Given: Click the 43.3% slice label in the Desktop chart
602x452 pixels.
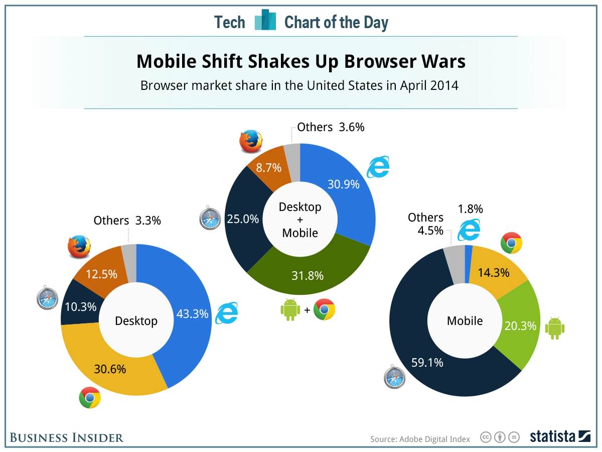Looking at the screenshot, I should (x=192, y=314).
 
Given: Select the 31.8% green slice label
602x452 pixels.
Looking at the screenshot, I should (x=308, y=275).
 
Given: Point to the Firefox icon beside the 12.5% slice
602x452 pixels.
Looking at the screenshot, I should (x=79, y=247).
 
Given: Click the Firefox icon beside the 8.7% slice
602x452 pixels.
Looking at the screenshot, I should (x=251, y=141).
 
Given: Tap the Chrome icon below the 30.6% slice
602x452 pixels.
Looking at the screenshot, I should (x=90, y=398).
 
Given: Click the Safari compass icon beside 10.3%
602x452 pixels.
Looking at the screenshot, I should (x=48, y=299).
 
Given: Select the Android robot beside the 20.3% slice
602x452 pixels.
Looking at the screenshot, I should (x=554, y=328).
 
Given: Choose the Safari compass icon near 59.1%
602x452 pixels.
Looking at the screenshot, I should (x=395, y=378).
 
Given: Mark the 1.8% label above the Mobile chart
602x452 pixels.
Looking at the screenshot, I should (x=470, y=209).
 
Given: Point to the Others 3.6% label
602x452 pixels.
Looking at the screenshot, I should (x=331, y=127).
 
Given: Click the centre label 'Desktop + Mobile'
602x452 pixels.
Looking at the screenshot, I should (x=300, y=219).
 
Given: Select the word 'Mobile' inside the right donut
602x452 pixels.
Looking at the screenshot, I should (x=465, y=320).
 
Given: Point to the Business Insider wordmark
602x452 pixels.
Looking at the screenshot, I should (x=66, y=437).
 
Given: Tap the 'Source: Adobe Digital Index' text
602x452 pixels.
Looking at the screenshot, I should (x=420, y=439).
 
